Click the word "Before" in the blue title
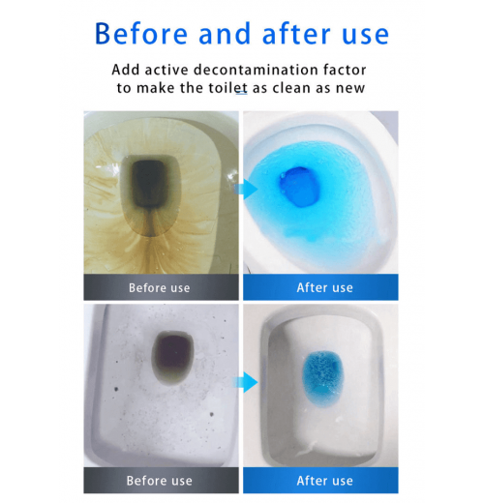(x=141, y=34)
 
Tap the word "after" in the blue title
(x=297, y=33)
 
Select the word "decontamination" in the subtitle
(x=252, y=70)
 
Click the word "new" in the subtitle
(x=350, y=88)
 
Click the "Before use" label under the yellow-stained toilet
(x=160, y=287)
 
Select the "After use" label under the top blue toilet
(x=324, y=287)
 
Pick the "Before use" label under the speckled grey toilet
(x=160, y=481)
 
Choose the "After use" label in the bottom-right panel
(x=324, y=481)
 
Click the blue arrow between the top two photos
(x=246, y=190)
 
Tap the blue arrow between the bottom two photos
(x=246, y=382)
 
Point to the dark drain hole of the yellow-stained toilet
(x=149, y=184)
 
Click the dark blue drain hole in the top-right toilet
(x=299, y=187)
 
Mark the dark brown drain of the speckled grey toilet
(x=173, y=353)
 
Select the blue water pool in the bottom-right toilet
(x=323, y=378)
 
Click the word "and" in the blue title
(x=225, y=34)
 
